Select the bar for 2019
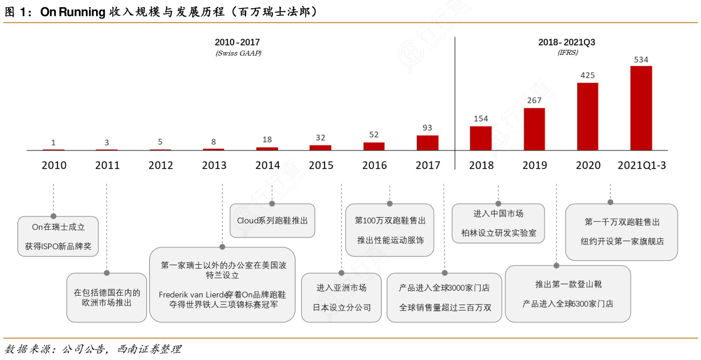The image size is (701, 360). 534,129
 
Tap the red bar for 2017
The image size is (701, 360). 427,142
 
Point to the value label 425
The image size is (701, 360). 587,75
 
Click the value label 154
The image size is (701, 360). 481,119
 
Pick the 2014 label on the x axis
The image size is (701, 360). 268,165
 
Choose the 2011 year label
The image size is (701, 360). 107,165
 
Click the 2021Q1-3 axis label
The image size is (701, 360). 642,165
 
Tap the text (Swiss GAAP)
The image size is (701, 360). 238,53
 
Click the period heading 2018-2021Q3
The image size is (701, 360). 566,42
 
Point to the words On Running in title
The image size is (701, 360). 73,12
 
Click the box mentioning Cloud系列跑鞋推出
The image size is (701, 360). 272,221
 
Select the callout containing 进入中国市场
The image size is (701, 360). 498,223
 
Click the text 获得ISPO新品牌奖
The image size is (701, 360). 58,246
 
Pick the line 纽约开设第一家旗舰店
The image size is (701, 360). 622,241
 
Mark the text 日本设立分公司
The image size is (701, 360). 341,307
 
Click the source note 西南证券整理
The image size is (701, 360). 149,349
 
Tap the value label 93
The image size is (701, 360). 427,128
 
